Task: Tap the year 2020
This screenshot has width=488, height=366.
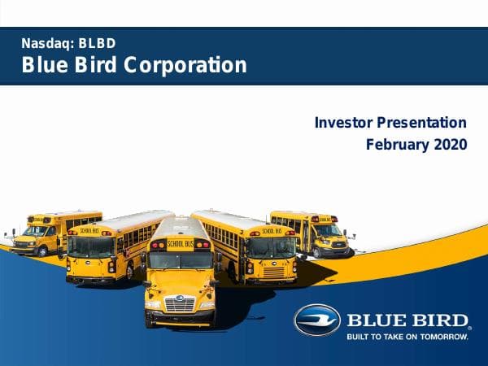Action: pyautogui.click(x=451, y=145)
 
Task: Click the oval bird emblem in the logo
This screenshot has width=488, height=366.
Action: pyautogui.click(x=316, y=320)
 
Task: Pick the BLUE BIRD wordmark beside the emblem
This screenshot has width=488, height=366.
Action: pyautogui.click(x=407, y=318)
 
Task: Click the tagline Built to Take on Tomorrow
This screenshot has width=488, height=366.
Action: pyautogui.click(x=407, y=334)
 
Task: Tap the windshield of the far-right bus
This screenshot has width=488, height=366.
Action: pyautogui.click(x=329, y=230)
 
